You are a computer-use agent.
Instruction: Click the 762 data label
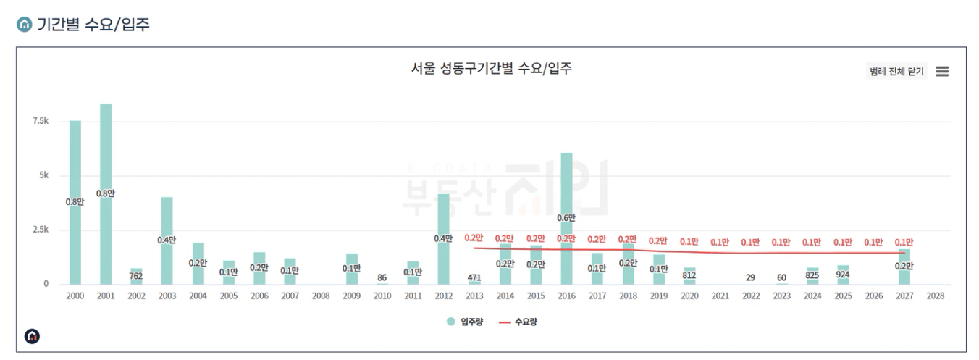pos(136,275)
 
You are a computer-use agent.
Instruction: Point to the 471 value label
pos(474,277)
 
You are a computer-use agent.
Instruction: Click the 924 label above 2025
pos(843,275)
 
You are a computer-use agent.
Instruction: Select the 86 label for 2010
pos(382,277)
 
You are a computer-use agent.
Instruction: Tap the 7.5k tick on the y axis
pos(40,121)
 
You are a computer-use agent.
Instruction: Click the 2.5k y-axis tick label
pos(40,230)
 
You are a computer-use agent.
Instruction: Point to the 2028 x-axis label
pos(935,296)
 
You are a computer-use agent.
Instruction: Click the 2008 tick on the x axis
pos(321,296)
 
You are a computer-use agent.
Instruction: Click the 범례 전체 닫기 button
pos(896,71)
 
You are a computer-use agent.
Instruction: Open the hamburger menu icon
pos(941,71)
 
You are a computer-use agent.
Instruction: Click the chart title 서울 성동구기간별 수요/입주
pos(491,69)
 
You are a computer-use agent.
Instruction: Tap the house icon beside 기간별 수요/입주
pos(24,25)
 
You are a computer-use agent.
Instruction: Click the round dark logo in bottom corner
pos(33,336)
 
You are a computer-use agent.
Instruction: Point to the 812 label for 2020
pos(689,275)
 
